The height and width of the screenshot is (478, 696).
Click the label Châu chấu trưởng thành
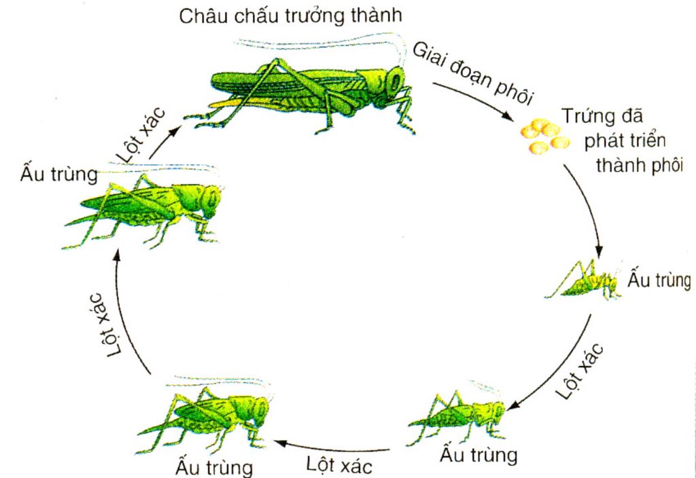(x=291, y=16)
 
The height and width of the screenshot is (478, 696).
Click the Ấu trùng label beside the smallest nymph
(x=659, y=280)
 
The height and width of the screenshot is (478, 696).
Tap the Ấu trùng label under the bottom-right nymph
(x=478, y=455)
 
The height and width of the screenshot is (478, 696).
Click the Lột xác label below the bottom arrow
(x=339, y=466)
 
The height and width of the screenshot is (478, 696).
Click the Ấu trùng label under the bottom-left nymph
(x=214, y=467)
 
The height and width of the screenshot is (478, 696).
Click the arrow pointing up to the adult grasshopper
(x=164, y=142)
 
